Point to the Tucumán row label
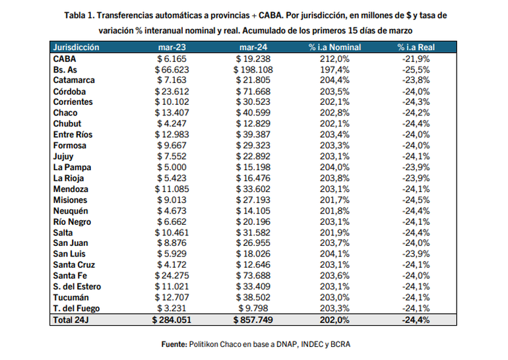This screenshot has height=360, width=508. tap(70, 297)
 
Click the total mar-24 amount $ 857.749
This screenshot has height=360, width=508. tap(251, 320)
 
